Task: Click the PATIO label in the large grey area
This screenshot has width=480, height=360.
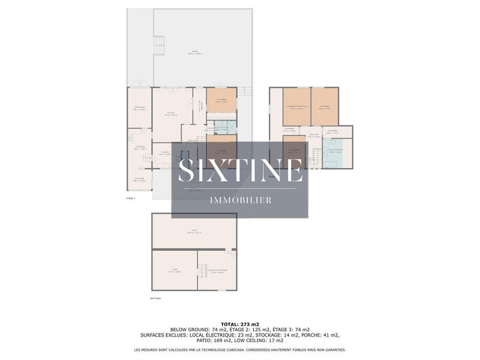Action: [x=194, y=52]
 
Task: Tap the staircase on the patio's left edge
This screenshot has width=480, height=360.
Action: [x=159, y=44]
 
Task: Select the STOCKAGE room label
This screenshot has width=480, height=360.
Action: [x=139, y=107]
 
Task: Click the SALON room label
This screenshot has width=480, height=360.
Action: [x=170, y=113]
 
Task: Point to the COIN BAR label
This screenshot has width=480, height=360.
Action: [x=139, y=148]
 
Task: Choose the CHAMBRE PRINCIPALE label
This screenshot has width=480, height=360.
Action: [x=296, y=107]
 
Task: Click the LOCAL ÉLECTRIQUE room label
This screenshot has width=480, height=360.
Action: [x=217, y=271]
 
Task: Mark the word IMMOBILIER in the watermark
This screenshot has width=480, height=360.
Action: [x=240, y=200]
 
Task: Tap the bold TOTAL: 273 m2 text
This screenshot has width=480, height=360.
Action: [x=240, y=324]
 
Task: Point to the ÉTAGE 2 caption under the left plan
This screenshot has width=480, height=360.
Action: [x=131, y=198]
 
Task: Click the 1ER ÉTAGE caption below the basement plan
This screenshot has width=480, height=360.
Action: [x=156, y=298]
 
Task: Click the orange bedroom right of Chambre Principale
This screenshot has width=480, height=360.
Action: [x=325, y=107]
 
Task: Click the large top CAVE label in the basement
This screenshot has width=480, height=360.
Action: [x=194, y=230]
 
